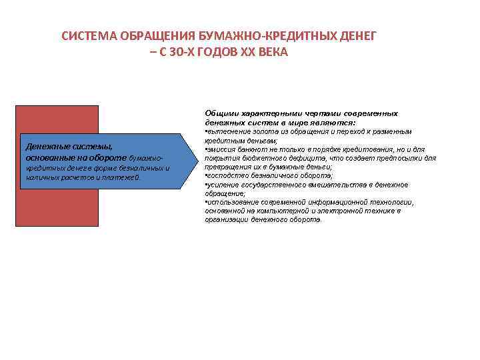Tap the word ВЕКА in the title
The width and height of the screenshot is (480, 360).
click(273, 52)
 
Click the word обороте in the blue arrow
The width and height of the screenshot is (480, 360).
click(107, 157)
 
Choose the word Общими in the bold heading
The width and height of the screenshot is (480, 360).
click(219, 114)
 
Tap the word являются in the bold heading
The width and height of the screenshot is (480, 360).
click(337, 123)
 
